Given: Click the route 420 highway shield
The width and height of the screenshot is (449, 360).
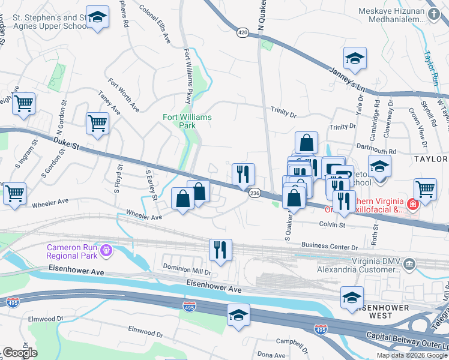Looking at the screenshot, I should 243,32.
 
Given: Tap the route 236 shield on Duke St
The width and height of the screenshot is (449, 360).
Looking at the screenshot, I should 255,193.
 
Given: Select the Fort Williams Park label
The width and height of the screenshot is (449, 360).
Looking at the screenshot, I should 187,121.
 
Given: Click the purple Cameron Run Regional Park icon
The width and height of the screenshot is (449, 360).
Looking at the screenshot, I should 107,249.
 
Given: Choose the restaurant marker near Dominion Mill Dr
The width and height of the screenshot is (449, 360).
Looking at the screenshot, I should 221,250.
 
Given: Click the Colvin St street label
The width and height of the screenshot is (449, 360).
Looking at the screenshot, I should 332,225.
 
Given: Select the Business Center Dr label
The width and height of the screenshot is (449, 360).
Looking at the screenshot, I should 329,246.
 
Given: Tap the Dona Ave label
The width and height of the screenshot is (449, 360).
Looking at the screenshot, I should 270,355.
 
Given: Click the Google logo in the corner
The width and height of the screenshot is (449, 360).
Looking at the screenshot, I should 19,353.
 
